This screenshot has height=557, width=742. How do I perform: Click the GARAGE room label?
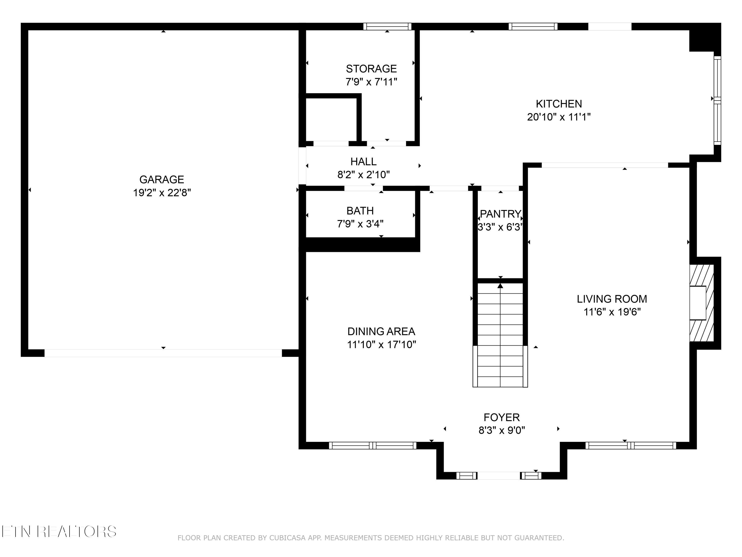162,180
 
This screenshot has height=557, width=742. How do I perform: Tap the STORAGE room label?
371,69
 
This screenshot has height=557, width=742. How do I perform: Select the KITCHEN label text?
559,104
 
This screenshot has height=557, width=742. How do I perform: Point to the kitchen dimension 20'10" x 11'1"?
559,117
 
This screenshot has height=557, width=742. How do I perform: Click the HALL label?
363,162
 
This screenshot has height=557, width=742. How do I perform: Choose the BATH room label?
360,211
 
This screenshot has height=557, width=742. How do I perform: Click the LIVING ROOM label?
612,299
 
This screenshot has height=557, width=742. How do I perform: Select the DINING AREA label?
381,332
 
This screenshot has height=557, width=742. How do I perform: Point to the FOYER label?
502,417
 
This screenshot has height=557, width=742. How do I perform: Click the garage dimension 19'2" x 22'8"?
162,193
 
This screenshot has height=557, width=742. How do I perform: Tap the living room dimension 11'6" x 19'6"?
612,312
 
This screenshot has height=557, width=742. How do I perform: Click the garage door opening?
163,353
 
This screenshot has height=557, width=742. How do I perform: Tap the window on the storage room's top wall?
387,26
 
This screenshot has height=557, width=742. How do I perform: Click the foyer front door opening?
498,475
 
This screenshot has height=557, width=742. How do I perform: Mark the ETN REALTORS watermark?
59,532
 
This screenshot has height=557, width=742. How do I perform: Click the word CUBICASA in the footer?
287,538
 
